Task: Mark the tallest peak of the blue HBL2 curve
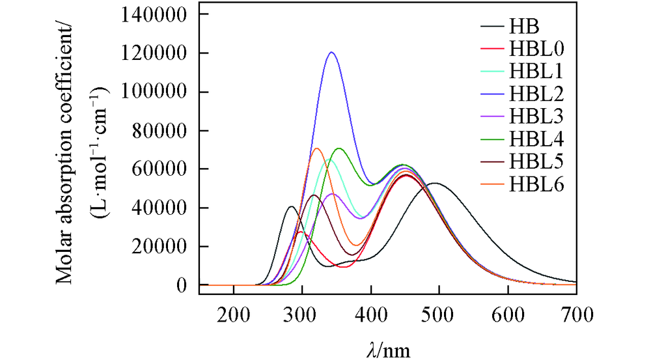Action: point(331,52)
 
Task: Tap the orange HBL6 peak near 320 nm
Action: point(316,148)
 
